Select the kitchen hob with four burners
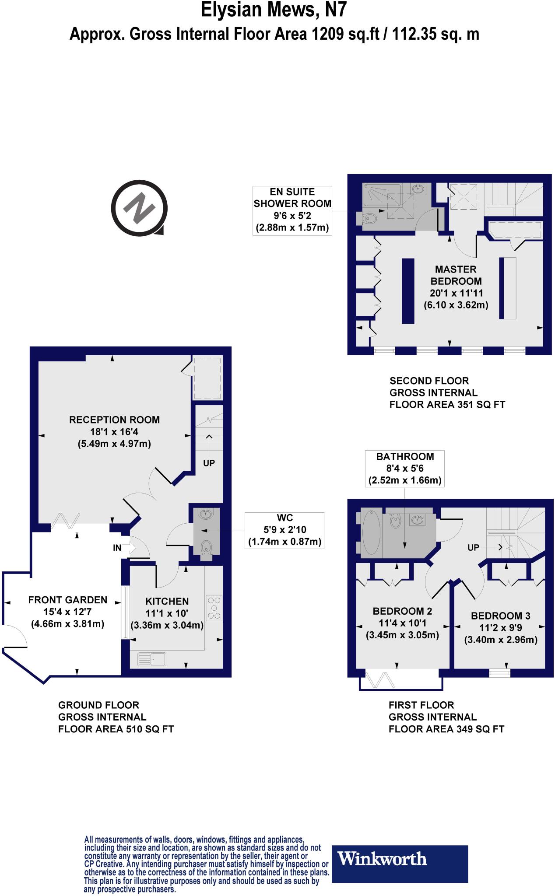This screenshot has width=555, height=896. tap(214, 608)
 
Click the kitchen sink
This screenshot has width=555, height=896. tap(152, 659)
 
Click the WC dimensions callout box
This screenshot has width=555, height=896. tap(285, 530)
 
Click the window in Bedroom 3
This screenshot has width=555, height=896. tap(500, 673)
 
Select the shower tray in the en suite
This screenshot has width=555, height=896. tap(382, 196)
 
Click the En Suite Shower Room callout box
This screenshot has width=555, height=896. tap(292, 210)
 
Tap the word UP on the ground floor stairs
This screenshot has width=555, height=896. tap(209, 463)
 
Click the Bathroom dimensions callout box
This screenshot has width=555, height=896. tap(405, 469)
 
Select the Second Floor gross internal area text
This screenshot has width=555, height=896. tap(447, 393)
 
